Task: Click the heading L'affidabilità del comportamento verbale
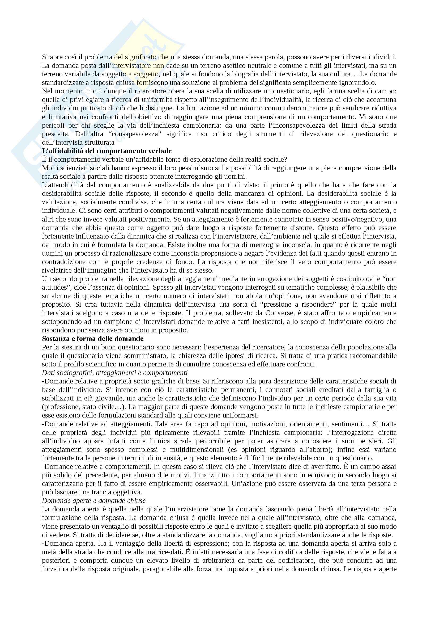107,151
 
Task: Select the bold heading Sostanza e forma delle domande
93,339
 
